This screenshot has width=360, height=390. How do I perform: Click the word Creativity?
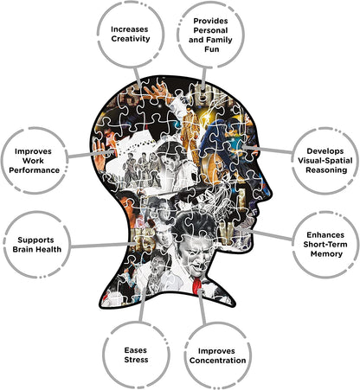point(131,39)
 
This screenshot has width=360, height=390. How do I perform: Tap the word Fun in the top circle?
point(212,49)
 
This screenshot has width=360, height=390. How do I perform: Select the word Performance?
point(34,170)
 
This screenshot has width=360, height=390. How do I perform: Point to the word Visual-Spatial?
point(325,161)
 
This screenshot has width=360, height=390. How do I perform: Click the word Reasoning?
point(326,170)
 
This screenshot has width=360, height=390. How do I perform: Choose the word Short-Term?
point(325,245)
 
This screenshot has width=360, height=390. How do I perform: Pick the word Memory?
point(326,254)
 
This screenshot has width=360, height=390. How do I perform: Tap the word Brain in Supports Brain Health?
point(21,249)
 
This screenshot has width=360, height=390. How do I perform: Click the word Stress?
point(136,360)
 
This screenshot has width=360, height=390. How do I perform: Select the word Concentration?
point(218,361)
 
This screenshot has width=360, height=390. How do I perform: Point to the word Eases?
point(136,350)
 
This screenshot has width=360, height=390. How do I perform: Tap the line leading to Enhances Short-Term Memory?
point(267,234)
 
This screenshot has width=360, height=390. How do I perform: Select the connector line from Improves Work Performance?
point(91,153)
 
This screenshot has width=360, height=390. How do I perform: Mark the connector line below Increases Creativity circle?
point(138,77)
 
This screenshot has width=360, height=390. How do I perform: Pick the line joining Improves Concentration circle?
point(202,307)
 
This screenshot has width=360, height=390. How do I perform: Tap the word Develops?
point(325,151)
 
